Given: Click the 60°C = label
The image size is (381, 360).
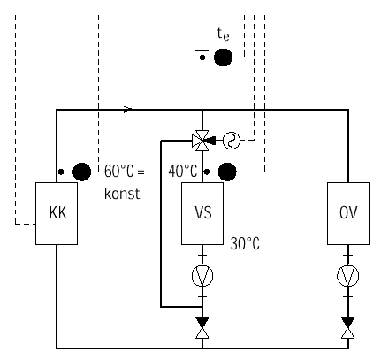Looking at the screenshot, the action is coord(125,172).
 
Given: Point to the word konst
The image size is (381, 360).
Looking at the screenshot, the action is coord(122,194).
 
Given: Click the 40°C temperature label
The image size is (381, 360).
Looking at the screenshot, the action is coord(183,172).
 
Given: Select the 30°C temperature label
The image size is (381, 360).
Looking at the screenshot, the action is coord(245,244).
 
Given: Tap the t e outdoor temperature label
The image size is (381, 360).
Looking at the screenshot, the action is coord(223,34).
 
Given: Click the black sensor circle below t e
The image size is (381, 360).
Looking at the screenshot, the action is coord(223,57).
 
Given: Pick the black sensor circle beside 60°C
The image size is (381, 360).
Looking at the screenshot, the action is coord(81,172).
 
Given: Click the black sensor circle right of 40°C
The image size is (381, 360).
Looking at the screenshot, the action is coord(227,172).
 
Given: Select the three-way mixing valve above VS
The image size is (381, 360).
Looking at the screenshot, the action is coord(202,141).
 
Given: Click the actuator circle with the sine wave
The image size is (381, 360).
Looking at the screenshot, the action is coord(232,141).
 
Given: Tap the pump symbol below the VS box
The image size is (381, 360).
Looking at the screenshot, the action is coord(202,276).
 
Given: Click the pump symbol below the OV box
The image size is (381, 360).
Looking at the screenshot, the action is coord(348,276).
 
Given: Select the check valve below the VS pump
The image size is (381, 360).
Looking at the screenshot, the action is coord(202,327).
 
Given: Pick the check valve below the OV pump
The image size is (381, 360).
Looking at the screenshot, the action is coord(348,327).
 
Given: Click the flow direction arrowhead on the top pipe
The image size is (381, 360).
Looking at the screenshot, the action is coord(128,110).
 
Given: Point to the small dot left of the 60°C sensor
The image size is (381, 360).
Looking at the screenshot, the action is coord(61,172).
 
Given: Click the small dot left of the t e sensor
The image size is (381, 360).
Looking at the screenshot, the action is coord(202,57).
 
